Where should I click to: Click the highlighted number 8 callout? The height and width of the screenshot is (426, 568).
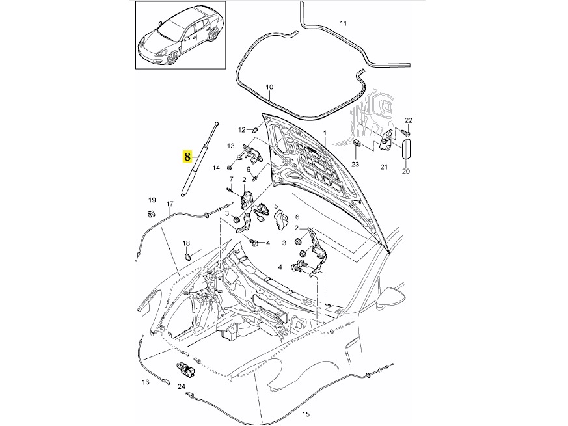tap(187, 157)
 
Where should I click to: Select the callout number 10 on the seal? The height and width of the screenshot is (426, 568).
tap(270, 87)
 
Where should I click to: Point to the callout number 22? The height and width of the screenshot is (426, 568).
tap(409, 121)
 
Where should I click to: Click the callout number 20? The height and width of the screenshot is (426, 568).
tap(406, 172)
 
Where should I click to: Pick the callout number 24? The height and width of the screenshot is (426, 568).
tap(182, 387)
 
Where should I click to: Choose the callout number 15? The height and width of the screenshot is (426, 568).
tap(306, 413)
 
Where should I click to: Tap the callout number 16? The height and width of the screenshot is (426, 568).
tap(146, 383)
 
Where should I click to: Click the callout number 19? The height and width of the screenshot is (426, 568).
tap(152, 200)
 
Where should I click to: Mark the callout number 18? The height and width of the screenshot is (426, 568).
tap(185, 243)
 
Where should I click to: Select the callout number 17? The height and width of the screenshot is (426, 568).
tap(170, 204)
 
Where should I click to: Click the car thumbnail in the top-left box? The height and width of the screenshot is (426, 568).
tap(176, 35)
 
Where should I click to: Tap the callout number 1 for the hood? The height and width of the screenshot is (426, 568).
tap(325, 133)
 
